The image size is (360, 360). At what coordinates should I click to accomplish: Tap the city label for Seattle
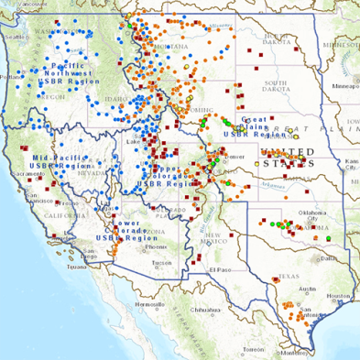coord(16,37)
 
